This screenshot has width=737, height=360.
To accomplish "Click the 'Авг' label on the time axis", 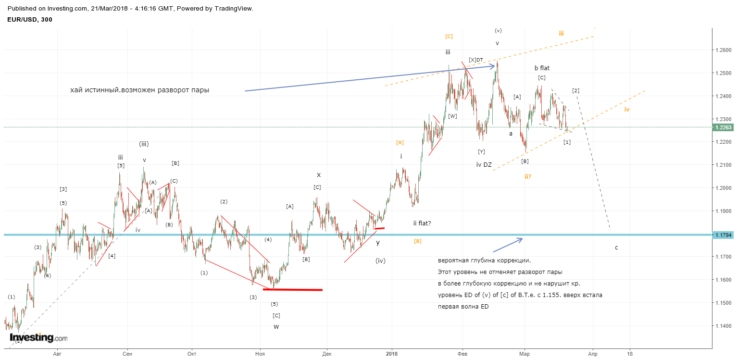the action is [x=57, y=354].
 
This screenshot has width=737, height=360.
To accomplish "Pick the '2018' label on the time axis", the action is [x=391, y=354].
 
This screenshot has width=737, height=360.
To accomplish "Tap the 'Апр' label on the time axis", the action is [x=593, y=354].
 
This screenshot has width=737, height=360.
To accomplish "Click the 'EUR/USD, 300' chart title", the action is [x=30, y=19].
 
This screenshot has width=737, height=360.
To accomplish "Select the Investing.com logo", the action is [x=38, y=337].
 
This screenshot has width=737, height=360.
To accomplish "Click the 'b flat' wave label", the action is [x=542, y=68].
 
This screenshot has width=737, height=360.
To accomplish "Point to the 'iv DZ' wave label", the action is [x=484, y=164].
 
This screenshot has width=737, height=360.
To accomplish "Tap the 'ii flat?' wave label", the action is [x=422, y=223].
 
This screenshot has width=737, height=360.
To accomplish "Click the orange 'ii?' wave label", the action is [x=528, y=177].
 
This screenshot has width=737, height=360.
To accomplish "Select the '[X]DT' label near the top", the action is [x=476, y=60].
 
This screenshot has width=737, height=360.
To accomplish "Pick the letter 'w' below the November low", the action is [x=276, y=327].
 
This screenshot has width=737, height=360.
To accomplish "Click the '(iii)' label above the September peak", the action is [x=144, y=144].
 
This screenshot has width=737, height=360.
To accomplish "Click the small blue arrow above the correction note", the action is [x=508, y=245].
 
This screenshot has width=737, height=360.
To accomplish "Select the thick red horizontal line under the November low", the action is [x=293, y=289].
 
